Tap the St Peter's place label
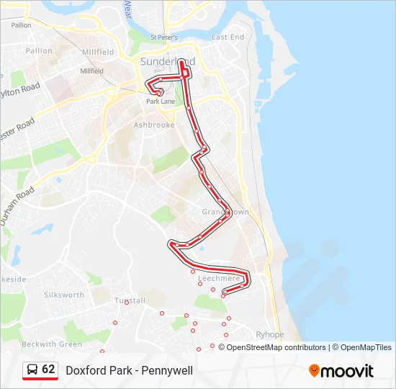tap(163, 37)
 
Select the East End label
tap(228, 37)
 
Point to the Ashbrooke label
tap(154, 125)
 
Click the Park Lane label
tap(161, 102)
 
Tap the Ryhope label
tap(270, 335)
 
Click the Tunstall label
tap(130, 300)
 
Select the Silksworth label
tap(64, 295)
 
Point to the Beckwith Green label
tap(51, 344)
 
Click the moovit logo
tap(341, 371)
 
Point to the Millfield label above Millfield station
tap(99, 53)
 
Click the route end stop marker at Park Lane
tap(159, 92)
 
